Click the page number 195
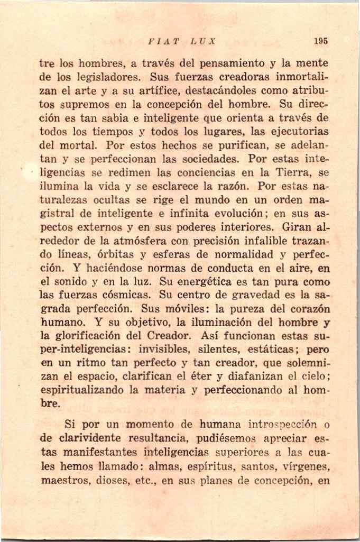(320, 41)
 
